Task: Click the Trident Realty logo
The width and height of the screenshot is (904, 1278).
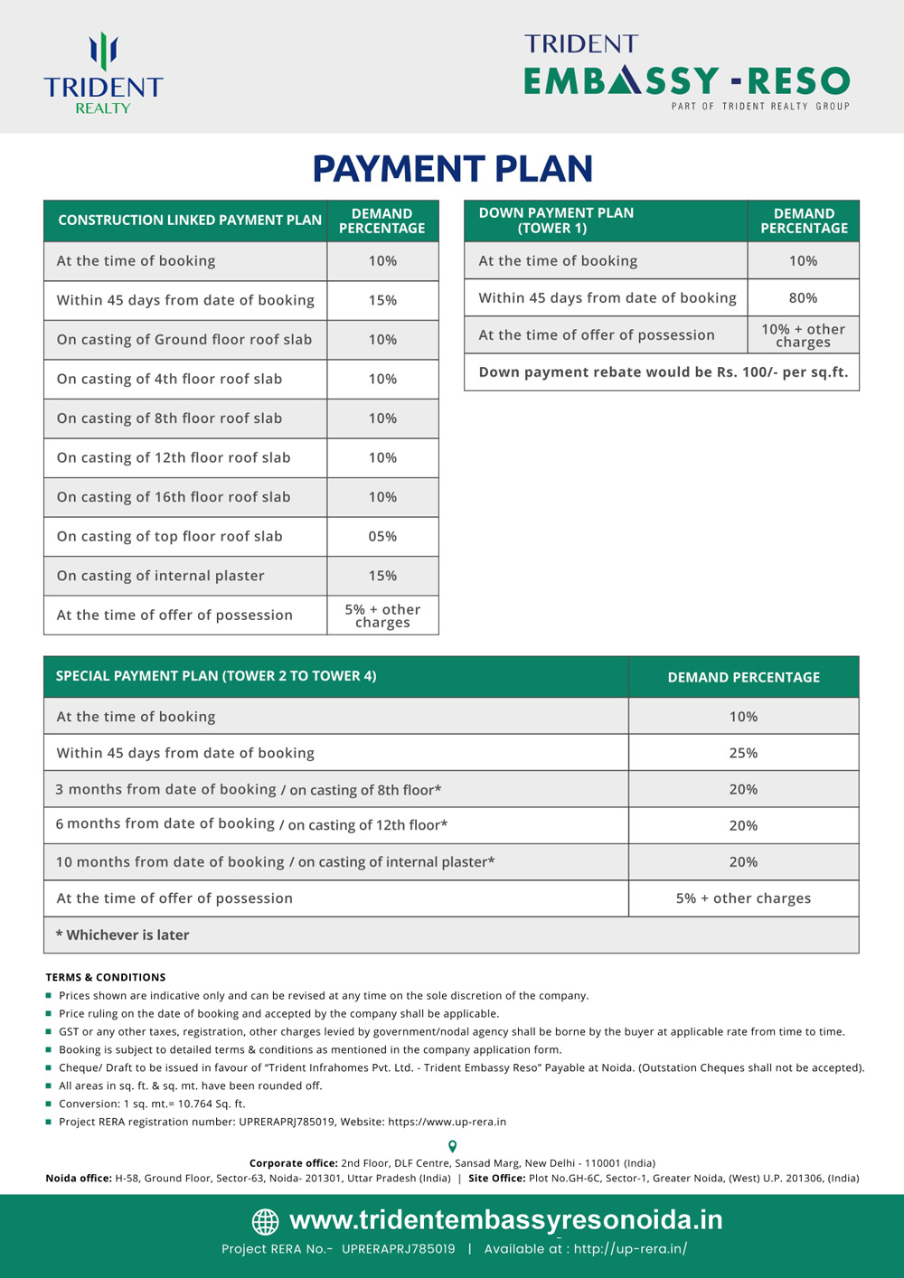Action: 103,74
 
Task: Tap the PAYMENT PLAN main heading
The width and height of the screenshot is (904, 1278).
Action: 452,169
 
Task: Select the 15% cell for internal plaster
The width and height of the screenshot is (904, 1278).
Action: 382,576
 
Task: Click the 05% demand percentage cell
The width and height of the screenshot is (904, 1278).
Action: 382,536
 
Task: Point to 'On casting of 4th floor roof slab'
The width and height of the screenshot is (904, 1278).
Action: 169,379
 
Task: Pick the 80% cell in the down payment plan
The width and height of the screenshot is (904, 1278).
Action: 803,297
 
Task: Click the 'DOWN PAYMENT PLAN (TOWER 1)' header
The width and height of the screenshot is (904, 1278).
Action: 556,221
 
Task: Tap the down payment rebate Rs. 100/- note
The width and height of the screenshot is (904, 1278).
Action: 663,372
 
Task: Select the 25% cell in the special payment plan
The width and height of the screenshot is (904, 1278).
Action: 743,753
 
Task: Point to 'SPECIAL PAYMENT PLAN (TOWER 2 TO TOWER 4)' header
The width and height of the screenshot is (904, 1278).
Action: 216,676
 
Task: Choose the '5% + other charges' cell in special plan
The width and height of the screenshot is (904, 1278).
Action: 743,898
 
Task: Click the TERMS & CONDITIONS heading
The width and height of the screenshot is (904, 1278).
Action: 106,977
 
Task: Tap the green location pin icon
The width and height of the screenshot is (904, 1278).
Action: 452,1147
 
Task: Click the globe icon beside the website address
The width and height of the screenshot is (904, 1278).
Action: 265,1222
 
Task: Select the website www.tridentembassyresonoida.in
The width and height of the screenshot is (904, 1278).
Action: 505,1220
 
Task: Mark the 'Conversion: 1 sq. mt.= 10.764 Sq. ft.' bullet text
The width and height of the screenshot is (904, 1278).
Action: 152,1104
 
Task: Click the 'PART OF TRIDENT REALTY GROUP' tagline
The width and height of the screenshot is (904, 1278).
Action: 760,107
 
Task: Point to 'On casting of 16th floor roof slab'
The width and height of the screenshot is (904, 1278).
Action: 174,497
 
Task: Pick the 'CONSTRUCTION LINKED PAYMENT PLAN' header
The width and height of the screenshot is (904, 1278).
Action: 190,221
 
